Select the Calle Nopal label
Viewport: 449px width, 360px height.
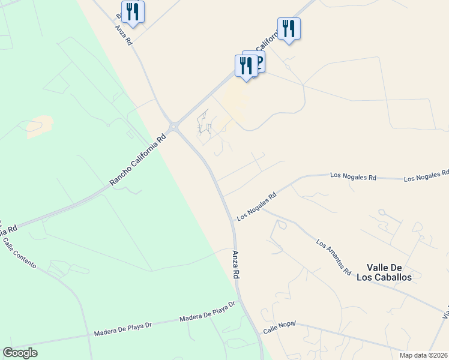click(279, 329)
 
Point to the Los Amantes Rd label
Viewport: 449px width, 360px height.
click(333, 257)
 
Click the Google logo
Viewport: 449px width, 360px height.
click(20, 353)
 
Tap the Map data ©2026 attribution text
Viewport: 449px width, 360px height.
click(424, 355)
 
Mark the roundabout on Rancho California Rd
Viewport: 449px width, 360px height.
click(173, 127)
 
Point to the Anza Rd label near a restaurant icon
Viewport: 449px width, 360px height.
click(125, 36)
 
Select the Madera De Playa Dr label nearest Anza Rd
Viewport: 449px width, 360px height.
click(205, 313)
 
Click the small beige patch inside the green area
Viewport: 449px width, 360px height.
click(40, 125)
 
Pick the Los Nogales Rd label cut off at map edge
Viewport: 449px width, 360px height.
click(426, 176)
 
